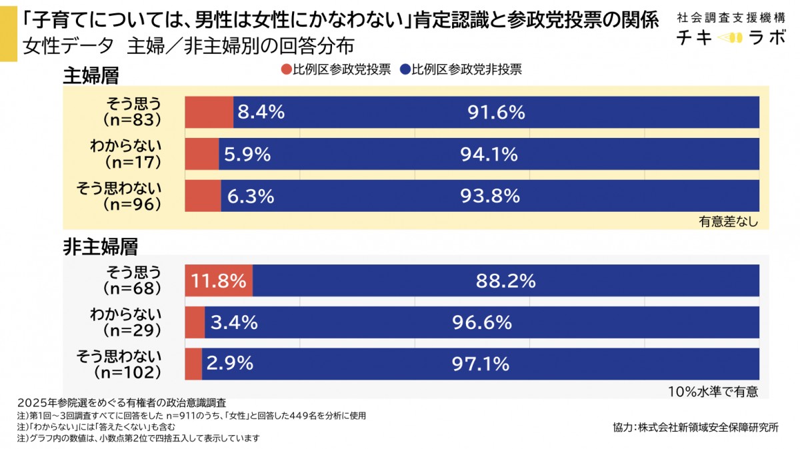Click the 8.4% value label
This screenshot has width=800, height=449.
click(x=261, y=113)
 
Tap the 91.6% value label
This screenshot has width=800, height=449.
click(x=496, y=113)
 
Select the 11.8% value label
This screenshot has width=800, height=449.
click(x=219, y=281)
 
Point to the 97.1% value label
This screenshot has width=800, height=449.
click(x=480, y=364)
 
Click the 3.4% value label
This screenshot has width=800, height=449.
click(x=234, y=322)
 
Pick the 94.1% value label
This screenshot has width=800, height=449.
click(x=489, y=155)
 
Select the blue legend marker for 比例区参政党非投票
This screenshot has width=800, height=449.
click(x=405, y=69)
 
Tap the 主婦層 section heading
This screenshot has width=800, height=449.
click(x=91, y=75)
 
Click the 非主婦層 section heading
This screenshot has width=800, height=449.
click(x=100, y=246)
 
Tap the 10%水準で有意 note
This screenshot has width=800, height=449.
click(x=713, y=392)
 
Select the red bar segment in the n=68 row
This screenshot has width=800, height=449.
click(x=219, y=281)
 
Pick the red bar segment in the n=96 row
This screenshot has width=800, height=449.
click(x=203, y=196)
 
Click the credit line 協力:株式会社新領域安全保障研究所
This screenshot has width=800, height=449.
click(x=695, y=427)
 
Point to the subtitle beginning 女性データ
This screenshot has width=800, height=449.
click(x=187, y=46)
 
